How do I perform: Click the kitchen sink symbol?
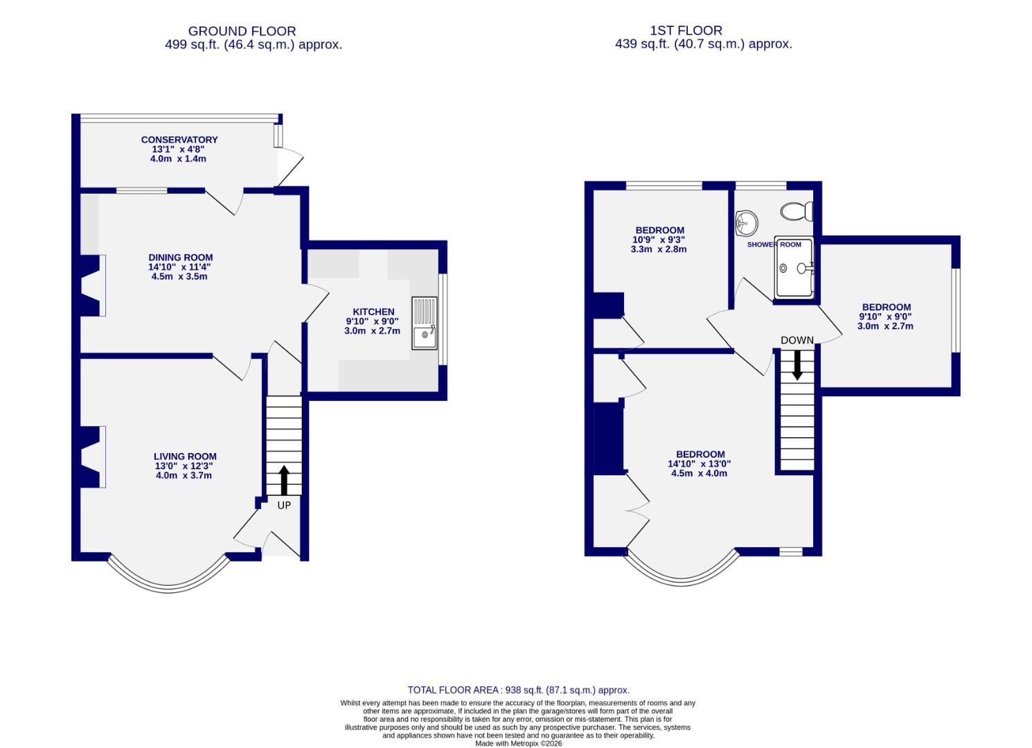pyautogui.click(x=425, y=322)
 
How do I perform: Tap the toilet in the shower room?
pyautogui.click(x=797, y=211)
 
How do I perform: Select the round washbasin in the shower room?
pyautogui.click(x=747, y=222)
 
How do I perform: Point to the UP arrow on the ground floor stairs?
pyautogui.click(x=284, y=480)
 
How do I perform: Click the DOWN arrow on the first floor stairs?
pyautogui.click(x=797, y=364)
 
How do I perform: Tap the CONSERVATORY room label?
pyautogui.click(x=179, y=140)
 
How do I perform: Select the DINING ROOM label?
pyautogui.click(x=180, y=258)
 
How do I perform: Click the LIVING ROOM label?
pyautogui.click(x=185, y=456)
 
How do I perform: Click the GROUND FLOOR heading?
pyautogui.click(x=242, y=31)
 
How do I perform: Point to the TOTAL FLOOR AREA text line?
pyautogui.click(x=518, y=690)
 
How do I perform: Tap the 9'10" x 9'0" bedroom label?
pyautogui.click(x=886, y=317)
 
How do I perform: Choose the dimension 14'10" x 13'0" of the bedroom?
pyautogui.click(x=699, y=464)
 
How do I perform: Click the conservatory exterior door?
pyautogui.click(x=290, y=170)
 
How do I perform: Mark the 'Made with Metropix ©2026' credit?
pyautogui.click(x=518, y=744)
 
